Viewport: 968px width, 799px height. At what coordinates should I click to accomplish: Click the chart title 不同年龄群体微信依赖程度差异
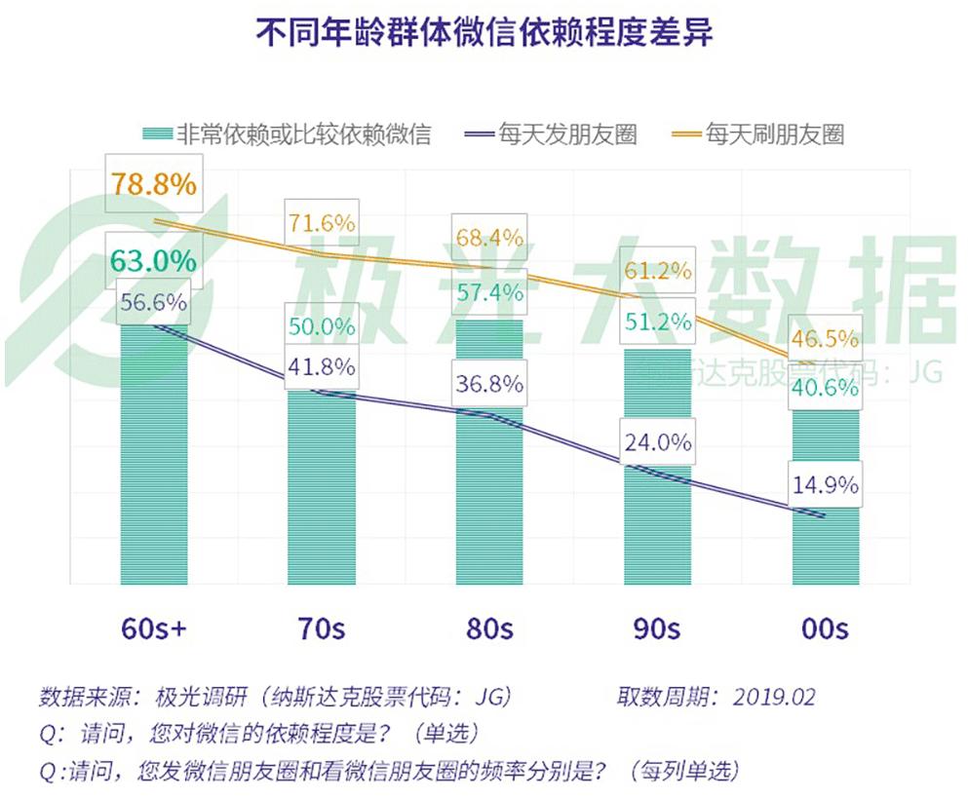(484, 32)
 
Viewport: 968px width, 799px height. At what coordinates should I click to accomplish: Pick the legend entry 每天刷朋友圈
(774, 133)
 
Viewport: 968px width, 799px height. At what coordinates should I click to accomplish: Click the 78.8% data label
(153, 183)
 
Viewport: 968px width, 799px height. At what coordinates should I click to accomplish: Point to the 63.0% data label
(153, 260)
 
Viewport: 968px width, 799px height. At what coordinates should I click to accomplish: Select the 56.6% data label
(153, 303)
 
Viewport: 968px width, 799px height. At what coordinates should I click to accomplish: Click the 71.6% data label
(321, 223)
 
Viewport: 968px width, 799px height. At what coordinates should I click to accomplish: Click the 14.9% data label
(825, 483)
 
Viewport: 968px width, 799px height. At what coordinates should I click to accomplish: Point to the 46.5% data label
(825, 339)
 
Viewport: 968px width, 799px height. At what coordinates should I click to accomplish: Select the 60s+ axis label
(153, 628)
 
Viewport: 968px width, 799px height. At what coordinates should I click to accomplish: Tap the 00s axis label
(825, 628)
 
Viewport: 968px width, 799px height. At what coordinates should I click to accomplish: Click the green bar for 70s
(321, 487)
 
